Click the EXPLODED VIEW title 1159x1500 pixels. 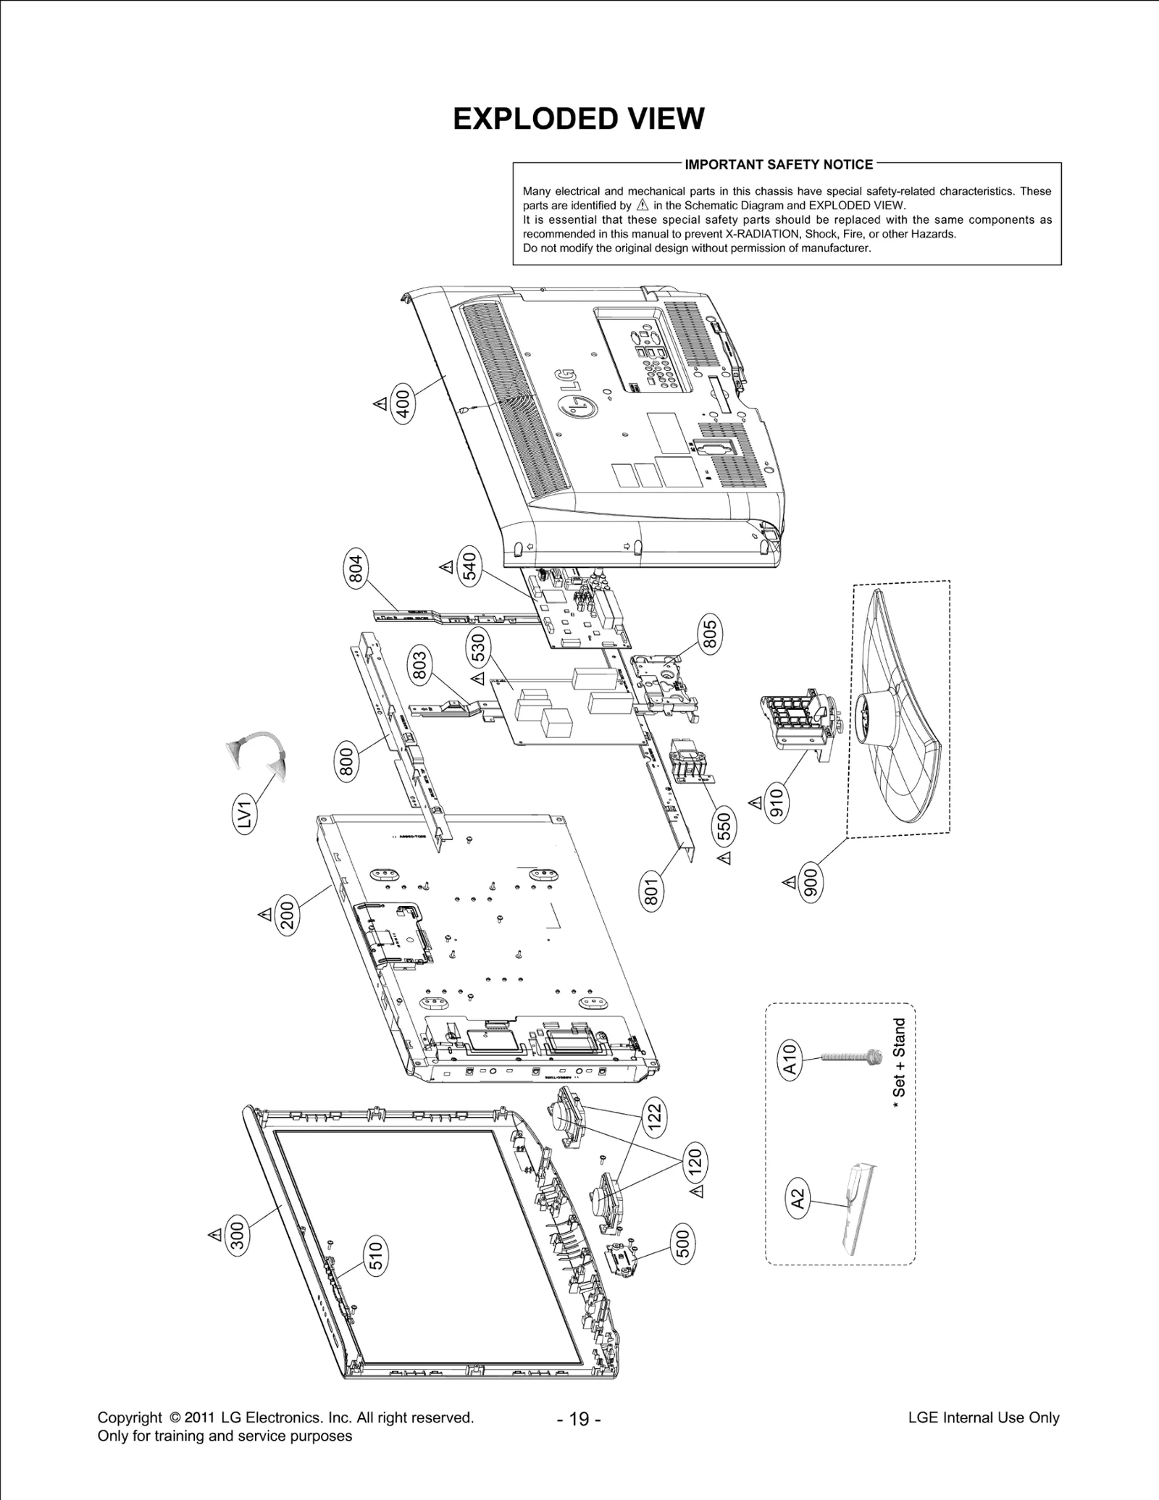coord(578,119)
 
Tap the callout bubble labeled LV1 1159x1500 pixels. coord(246,813)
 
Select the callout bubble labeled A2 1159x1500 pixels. coord(797,1199)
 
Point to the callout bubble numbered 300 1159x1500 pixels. coord(238,1234)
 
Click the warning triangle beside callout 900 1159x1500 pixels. coord(789,882)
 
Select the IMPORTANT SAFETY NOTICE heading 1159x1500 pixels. coord(779,164)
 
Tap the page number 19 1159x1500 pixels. coord(579,1419)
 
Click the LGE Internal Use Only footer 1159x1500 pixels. coord(983,1417)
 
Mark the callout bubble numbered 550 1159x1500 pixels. coord(724,826)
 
